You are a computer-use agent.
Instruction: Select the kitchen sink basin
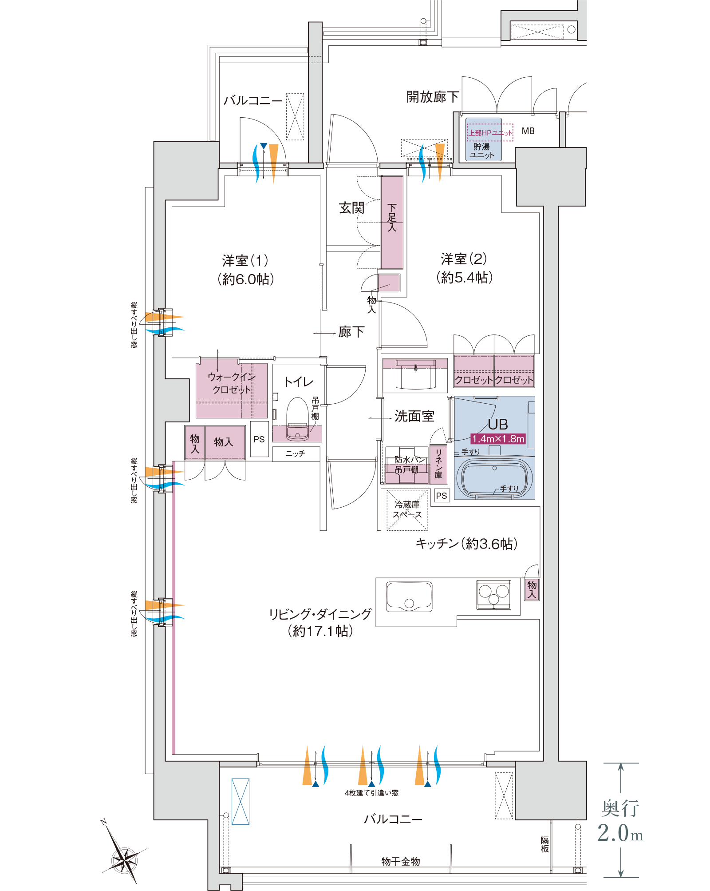point(409,597)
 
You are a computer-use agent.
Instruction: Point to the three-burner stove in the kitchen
point(493,594)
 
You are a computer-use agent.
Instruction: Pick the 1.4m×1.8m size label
point(498,439)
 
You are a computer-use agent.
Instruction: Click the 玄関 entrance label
point(351,208)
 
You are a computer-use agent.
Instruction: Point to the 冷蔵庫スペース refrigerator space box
point(407,510)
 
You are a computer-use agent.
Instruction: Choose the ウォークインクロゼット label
point(232,383)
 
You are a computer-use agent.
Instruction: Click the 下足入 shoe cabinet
point(392,222)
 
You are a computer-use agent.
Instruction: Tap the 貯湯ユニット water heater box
point(483,139)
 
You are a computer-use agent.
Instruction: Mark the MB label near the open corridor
point(528,131)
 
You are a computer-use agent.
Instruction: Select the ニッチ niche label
point(295,453)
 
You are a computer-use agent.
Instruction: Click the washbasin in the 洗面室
point(415,374)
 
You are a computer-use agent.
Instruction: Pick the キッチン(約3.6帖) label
point(466,543)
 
